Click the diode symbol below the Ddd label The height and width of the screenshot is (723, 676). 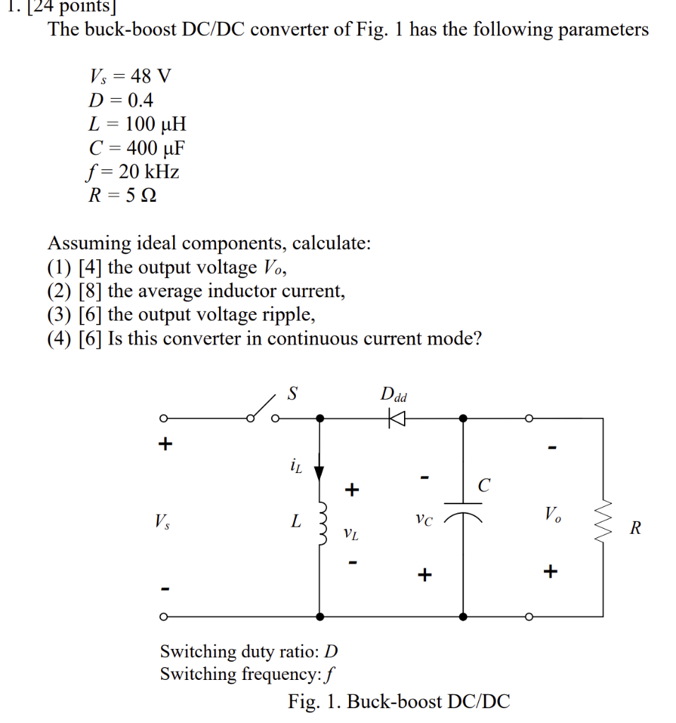[x=397, y=418]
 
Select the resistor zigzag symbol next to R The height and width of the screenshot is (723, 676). [x=602, y=525]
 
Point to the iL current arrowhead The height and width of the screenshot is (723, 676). [x=320, y=472]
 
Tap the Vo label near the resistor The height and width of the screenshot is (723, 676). [x=553, y=513]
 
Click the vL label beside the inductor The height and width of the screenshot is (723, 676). [x=350, y=533]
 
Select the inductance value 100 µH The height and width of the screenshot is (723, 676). [x=155, y=124]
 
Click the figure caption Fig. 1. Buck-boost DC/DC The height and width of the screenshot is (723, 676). [x=398, y=701]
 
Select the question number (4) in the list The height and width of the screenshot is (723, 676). [x=60, y=338]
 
